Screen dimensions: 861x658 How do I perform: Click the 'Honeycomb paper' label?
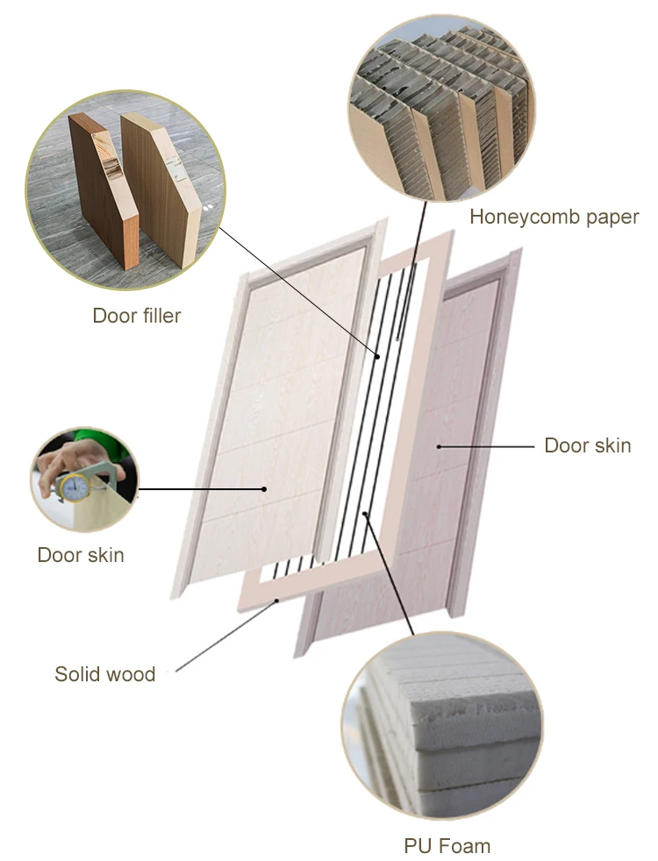point(554,217)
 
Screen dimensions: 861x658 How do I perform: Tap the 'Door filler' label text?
point(136,316)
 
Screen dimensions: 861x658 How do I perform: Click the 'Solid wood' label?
point(104,674)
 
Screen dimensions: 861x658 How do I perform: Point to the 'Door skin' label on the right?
point(587,445)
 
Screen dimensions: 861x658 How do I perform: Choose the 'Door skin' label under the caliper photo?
point(81,555)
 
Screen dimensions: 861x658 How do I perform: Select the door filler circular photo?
point(125,190)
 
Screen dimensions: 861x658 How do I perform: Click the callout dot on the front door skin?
point(264,488)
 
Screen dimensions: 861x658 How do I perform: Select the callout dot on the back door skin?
point(439,445)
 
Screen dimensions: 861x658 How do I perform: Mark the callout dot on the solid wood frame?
point(278,601)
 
